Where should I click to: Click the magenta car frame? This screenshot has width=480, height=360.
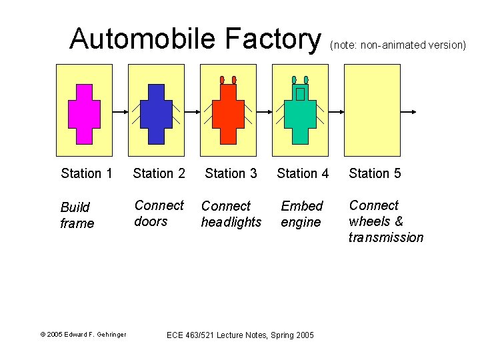click(84, 113)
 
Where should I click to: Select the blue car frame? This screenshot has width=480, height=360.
click(156, 113)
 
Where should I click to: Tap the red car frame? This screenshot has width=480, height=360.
click(228, 113)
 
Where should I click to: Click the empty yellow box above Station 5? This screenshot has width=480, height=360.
click(372, 110)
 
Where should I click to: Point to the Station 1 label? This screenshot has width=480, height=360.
click(87, 173)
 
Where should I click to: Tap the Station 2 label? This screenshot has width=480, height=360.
click(159, 173)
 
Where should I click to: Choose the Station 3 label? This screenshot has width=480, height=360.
click(231, 173)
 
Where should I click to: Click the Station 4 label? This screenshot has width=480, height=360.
click(303, 173)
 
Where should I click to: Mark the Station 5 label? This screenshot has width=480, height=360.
click(375, 173)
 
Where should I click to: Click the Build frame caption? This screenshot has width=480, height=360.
click(77, 215)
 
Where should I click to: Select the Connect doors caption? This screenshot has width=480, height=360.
click(159, 213)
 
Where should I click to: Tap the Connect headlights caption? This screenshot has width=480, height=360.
click(231, 214)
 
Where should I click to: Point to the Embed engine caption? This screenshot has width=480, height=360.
click(301, 214)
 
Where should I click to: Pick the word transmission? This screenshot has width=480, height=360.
click(385, 237)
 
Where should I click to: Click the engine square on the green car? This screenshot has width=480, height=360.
click(300, 94)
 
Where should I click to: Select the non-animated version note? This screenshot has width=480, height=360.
click(397, 45)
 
